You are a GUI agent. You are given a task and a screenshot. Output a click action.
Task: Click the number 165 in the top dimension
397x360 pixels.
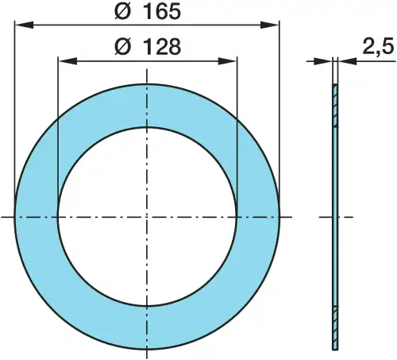[x=162, y=13]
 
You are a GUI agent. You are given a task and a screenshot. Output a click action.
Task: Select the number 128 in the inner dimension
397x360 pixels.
[x=160, y=48]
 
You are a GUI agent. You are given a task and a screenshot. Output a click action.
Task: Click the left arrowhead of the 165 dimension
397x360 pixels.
[x=21, y=26]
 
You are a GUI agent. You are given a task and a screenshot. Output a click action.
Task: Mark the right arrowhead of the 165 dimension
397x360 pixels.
[x=274, y=26]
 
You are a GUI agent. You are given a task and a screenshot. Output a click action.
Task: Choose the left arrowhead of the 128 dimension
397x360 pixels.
[x=64, y=60]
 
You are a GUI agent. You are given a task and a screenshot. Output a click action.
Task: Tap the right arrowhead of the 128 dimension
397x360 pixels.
[x=231, y=60]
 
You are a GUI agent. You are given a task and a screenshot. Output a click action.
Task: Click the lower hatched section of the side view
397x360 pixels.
[x=335, y=326]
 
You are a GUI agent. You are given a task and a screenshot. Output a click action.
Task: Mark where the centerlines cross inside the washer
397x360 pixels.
[x=147, y=216]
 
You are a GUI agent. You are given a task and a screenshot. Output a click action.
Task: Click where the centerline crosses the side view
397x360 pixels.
[x=335, y=216]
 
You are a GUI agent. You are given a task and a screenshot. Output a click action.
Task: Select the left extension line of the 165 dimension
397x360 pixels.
[x=15, y=119]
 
